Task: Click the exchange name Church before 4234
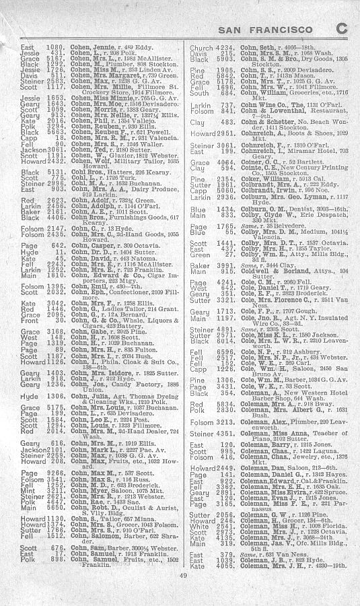(201, 48)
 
